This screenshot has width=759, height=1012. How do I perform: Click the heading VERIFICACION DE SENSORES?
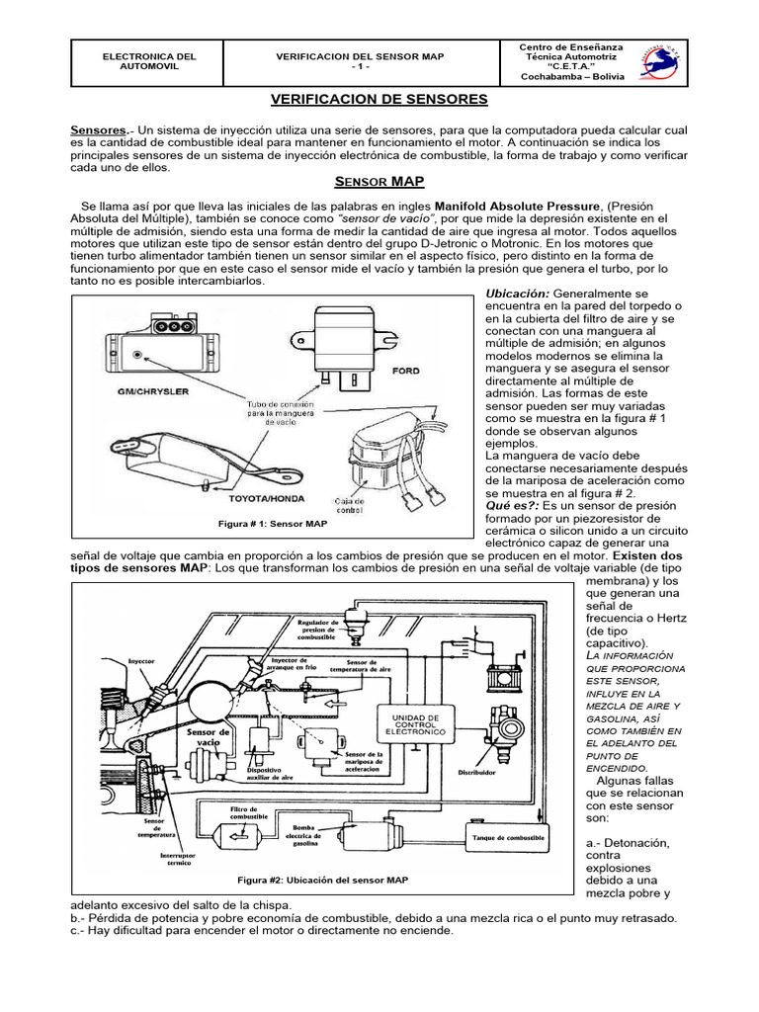pos(379,100)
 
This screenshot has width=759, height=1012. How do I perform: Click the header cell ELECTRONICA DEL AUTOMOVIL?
pos(149,62)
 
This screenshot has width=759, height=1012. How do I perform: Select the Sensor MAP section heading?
pos(379,182)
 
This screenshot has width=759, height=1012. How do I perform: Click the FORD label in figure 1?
pos(406,372)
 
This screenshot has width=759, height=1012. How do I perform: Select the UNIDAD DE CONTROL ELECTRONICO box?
pos(423,724)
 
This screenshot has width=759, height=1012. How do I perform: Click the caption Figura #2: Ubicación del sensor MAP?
pos(322,879)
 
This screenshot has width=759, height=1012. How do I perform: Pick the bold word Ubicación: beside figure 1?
pos(517,295)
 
